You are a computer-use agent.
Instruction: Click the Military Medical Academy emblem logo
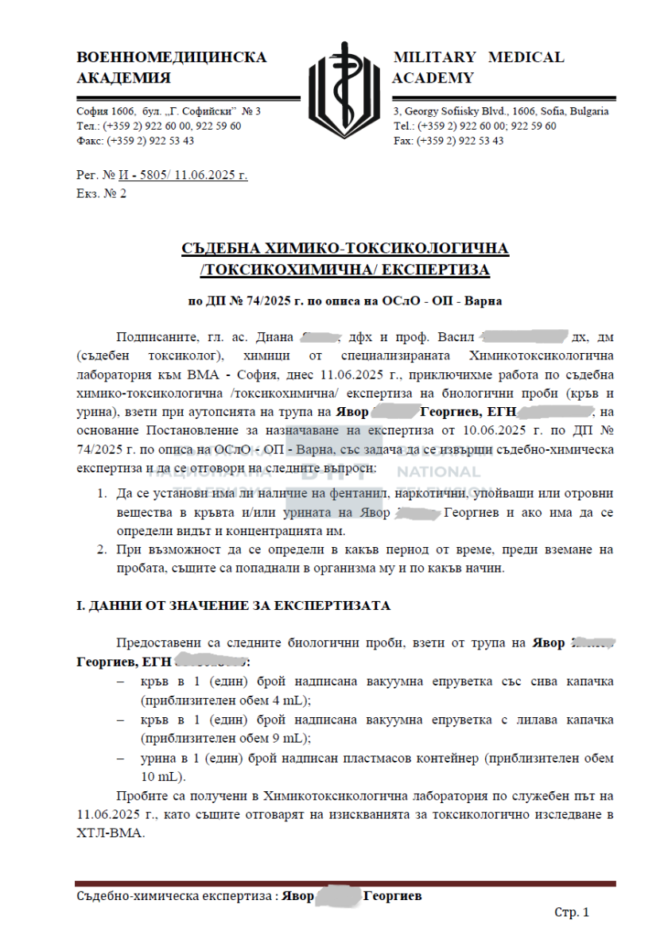[x=344, y=89]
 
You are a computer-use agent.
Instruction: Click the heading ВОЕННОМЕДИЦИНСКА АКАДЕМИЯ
[x=171, y=68]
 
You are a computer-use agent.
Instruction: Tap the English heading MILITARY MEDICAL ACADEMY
[x=478, y=68]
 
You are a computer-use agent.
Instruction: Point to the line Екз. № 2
[x=101, y=193]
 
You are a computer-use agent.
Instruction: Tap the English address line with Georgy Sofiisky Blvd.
[x=501, y=111]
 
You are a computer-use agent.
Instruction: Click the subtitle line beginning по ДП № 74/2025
[x=344, y=301]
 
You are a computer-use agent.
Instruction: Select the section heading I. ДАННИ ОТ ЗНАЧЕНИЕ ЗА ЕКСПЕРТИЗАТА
[x=233, y=606]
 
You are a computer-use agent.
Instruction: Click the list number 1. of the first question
[x=102, y=494]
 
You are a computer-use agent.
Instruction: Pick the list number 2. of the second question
[x=102, y=549]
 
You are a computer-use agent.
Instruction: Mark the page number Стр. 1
[x=571, y=913]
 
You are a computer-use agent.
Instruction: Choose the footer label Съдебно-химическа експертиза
[x=175, y=896]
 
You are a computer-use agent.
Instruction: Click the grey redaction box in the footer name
[x=338, y=896]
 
